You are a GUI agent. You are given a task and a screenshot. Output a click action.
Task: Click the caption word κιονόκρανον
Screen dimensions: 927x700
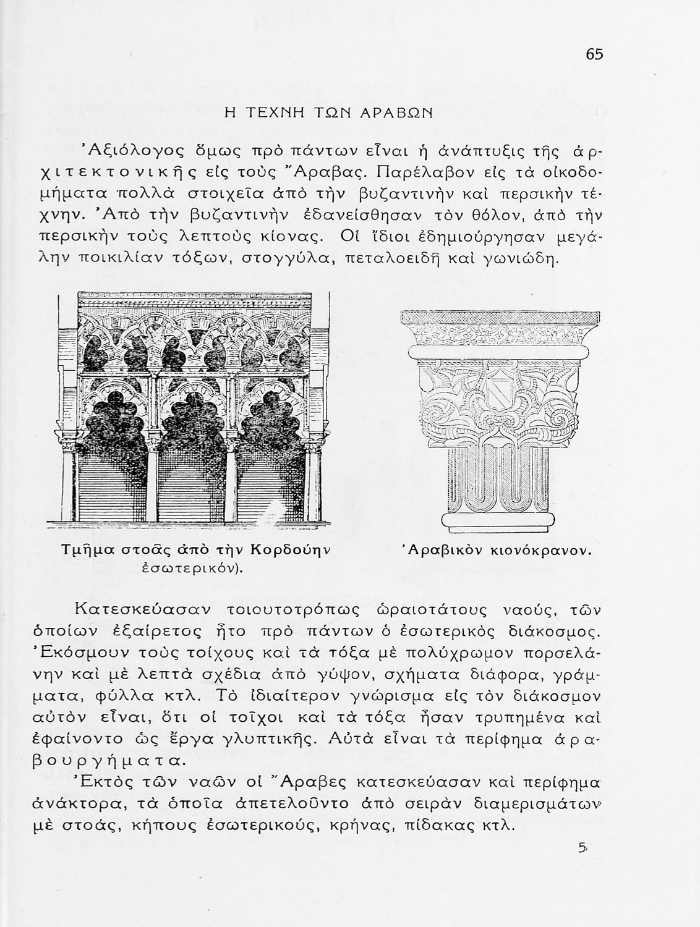click(539, 550)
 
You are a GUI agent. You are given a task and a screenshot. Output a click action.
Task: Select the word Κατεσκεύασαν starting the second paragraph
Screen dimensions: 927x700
click(142, 609)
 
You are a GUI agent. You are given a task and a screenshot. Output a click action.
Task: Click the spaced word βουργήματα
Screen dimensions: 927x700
click(106, 760)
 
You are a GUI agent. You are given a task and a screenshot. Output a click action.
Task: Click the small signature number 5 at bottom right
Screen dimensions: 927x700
click(582, 849)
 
